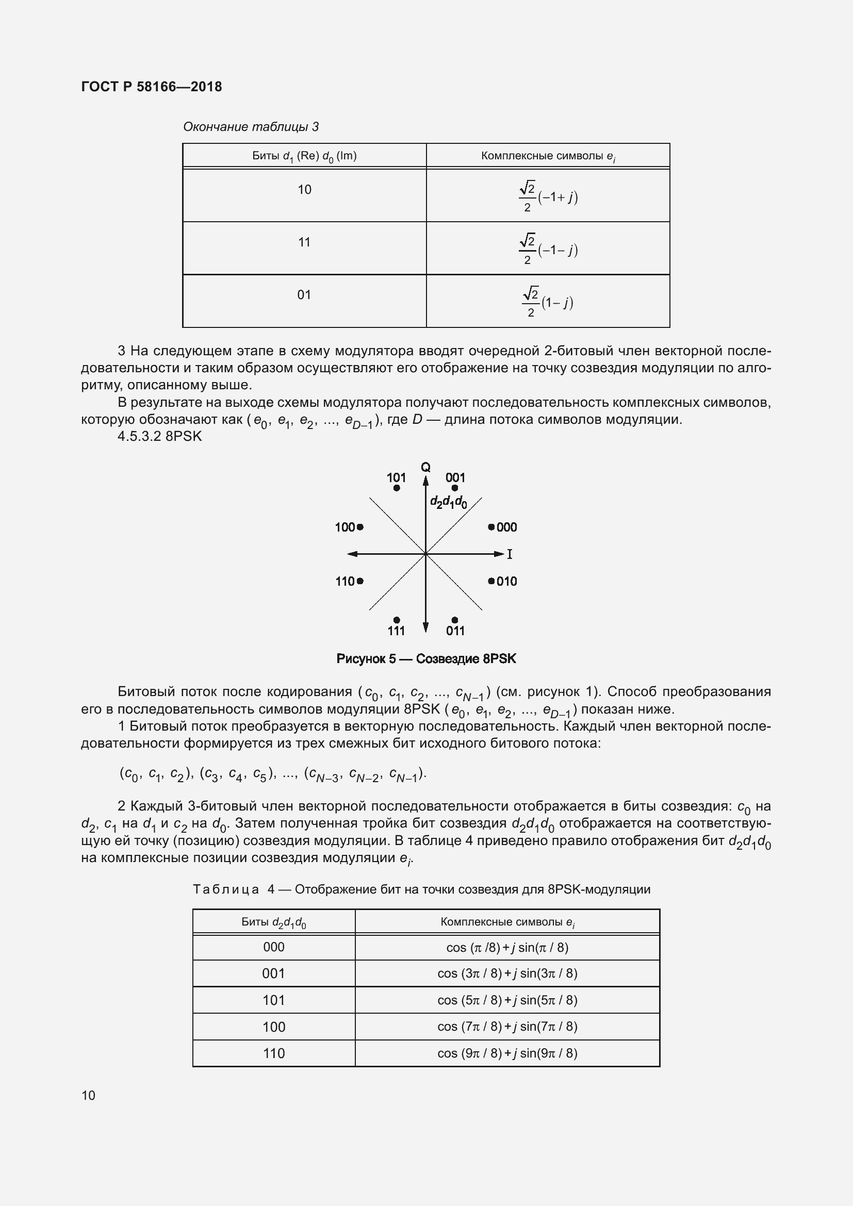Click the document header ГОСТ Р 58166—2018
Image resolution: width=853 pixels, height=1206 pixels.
click(x=152, y=87)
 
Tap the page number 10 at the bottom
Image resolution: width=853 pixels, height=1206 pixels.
click(x=88, y=1095)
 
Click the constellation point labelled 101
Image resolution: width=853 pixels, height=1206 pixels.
click(x=397, y=488)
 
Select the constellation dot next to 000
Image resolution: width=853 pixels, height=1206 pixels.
click(x=491, y=527)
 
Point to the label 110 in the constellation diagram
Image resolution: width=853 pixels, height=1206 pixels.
click(x=345, y=581)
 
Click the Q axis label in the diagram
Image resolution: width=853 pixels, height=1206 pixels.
click(x=425, y=467)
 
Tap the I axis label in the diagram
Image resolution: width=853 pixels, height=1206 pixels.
click(x=510, y=554)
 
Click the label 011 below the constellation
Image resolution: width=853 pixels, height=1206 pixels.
click(x=455, y=631)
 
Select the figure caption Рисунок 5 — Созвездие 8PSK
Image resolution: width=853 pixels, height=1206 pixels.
click(x=426, y=658)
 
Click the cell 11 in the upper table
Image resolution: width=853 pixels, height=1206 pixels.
click(x=304, y=242)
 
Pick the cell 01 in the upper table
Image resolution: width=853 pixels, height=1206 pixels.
click(x=304, y=295)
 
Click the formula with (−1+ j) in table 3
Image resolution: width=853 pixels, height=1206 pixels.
click(x=548, y=196)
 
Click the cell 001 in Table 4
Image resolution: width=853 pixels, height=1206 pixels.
click(x=274, y=973)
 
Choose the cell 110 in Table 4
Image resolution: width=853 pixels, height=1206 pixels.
click(x=274, y=1053)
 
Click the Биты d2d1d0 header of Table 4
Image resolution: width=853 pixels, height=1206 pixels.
click(x=274, y=922)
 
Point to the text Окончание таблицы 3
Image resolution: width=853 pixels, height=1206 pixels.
click(x=251, y=127)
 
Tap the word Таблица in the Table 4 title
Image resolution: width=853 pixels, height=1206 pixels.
click(x=226, y=889)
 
